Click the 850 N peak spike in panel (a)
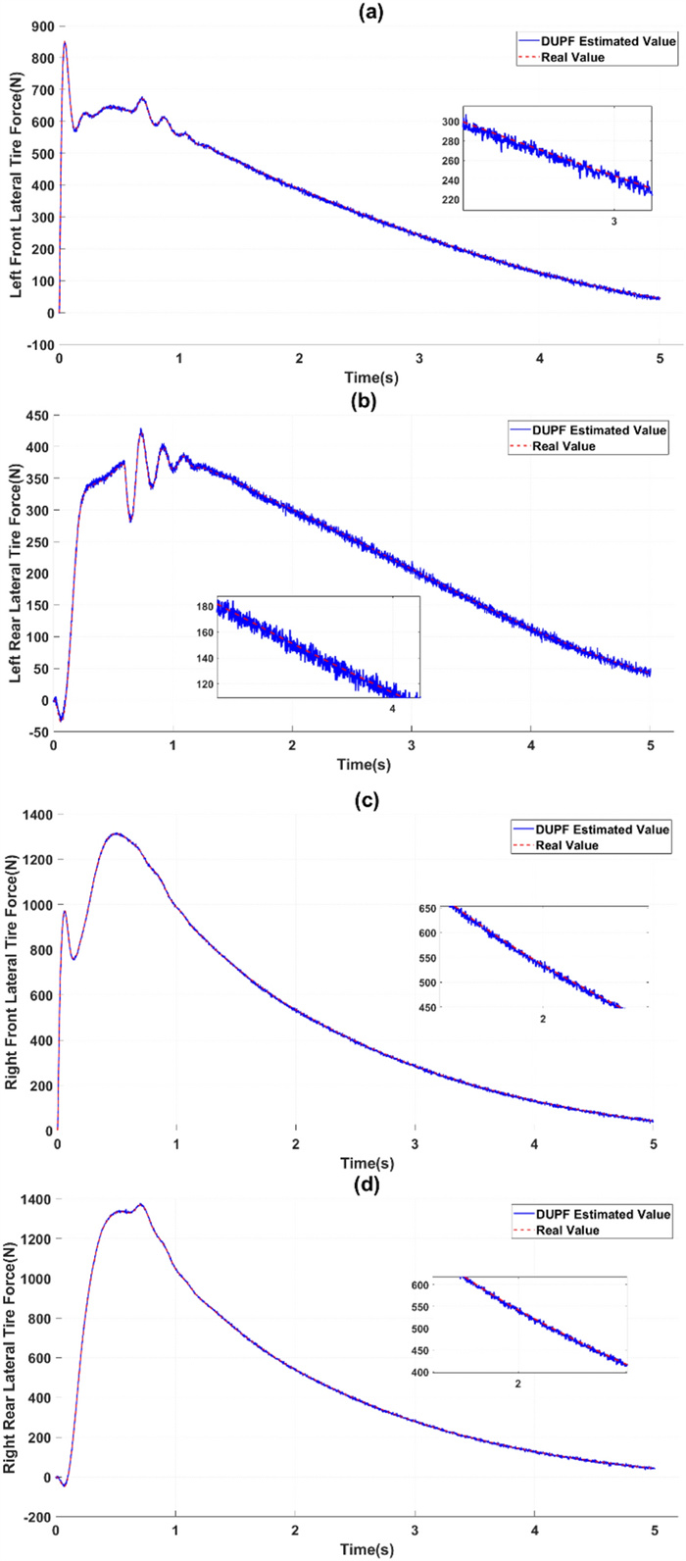tap(65, 42)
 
